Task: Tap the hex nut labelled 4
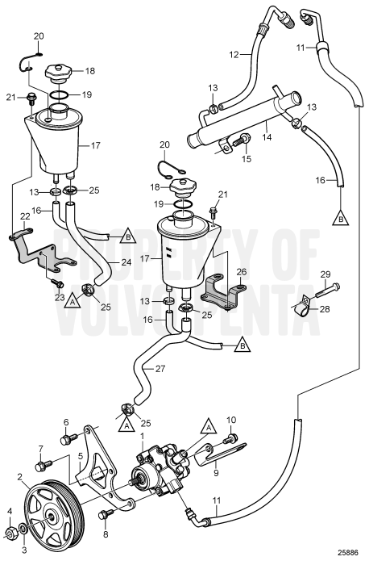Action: coord(11,533)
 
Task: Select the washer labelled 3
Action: coord(23,529)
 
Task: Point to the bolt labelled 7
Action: coord(44,465)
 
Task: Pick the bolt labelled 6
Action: coord(69,439)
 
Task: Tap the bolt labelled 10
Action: coord(230,438)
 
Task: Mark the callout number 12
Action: coord(234,54)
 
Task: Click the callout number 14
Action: coord(267,136)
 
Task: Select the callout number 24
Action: coord(126,262)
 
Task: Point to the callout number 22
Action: coord(25,216)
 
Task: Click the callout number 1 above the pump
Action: coord(142,436)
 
